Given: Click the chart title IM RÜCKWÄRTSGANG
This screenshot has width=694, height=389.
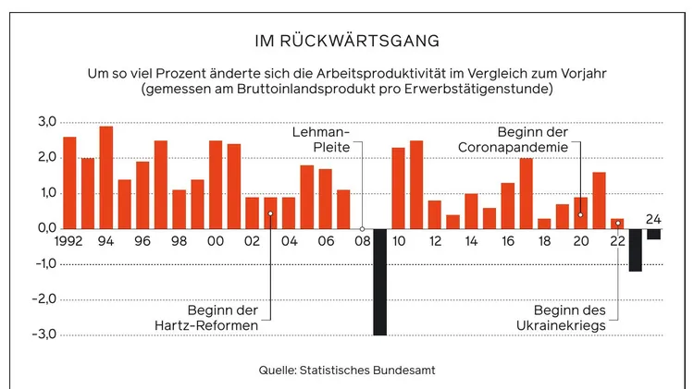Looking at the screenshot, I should click(x=347, y=41).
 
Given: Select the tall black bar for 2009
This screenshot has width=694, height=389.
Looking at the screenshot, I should click(x=380, y=282).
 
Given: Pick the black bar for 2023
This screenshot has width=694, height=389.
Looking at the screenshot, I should click(x=636, y=249).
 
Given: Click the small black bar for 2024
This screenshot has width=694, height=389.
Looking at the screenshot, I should click(x=654, y=234).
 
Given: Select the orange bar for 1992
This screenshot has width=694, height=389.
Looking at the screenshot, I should click(x=69, y=183).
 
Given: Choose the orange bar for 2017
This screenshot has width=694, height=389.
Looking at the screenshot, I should click(x=526, y=193).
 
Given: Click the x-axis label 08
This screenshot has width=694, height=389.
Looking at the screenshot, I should click(x=363, y=242).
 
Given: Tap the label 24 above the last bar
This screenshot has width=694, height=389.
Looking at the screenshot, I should click(x=654, y=219).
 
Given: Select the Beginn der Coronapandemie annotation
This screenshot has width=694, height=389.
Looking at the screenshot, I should click(x=533, y=140).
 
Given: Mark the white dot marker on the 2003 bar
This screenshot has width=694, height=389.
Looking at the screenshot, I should click(x=270, y=213).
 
